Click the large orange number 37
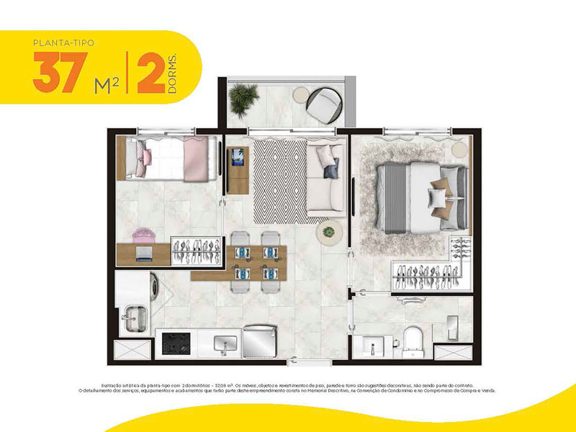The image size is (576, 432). coord(55,73)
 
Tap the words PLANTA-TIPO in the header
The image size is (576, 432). coord(63,42)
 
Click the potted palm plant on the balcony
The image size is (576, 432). coord(243,99)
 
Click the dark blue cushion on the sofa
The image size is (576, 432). coord(331,171)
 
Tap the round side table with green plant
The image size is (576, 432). coord(330,232)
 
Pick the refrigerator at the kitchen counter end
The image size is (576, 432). coord(261,340)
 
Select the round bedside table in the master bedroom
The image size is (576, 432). coord(460,148)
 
